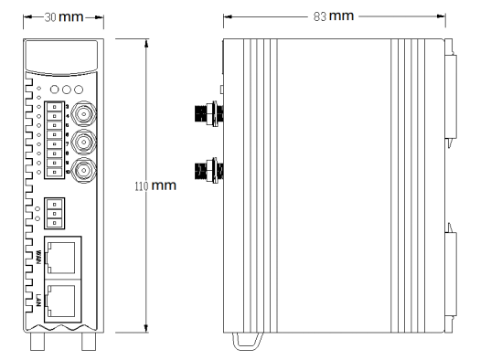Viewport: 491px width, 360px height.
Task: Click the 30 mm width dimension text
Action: coord(63,17)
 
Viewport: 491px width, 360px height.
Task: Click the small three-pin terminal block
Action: coord(55,211)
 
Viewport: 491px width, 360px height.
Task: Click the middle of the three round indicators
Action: coord(66,90)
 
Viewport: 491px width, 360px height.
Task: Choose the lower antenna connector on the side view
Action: coord(206,169)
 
